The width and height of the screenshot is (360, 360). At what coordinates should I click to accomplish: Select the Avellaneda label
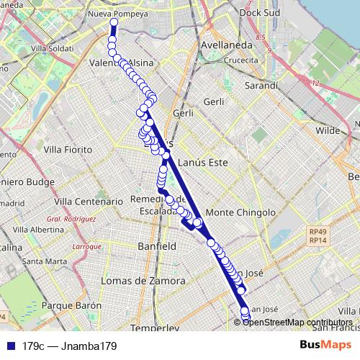point(227,45)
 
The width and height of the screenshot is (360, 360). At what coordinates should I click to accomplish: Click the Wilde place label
point(328,131)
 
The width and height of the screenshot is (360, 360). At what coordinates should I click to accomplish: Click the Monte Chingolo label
point(240,213)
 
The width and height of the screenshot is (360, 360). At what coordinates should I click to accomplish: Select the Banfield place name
point(156,246)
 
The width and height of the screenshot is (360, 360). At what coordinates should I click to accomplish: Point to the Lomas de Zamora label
point(143,280)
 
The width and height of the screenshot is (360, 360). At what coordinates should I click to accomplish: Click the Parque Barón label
point(71,306)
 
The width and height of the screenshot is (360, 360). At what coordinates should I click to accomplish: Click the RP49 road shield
point(317,232)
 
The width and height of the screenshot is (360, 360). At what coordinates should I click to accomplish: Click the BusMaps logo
point(326,346)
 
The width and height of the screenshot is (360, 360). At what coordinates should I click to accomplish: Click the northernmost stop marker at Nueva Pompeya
point(114,22)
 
